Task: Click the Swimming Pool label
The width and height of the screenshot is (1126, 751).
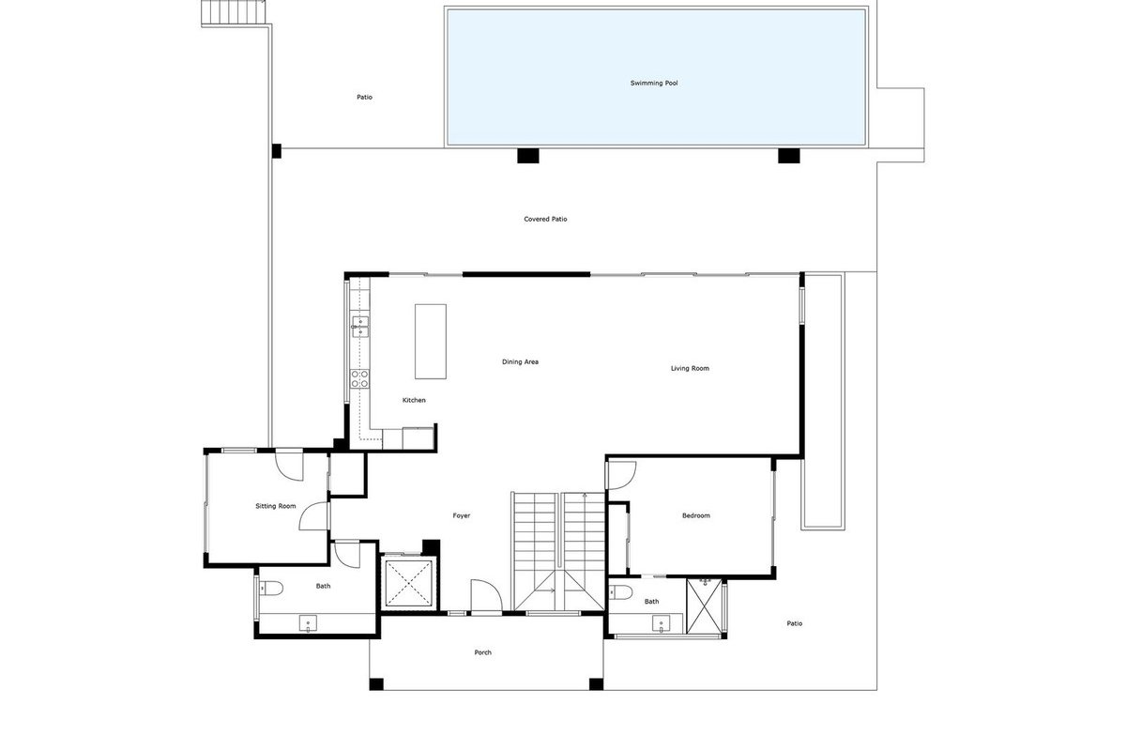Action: tap(653, 83)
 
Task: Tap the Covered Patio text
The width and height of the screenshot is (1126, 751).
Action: tap(545, 219)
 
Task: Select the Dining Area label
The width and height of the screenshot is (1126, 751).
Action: tap(520, 361)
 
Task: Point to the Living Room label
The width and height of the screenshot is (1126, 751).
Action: tap(690, 368)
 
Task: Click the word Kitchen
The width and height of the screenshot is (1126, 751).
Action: tap(414, 400)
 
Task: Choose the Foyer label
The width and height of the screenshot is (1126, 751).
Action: tap(461, 515)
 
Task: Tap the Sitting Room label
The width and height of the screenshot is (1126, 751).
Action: tap(276, 506)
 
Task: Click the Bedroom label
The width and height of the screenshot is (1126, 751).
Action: tap(695, 515)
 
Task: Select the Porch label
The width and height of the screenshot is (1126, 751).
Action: tap(482, 652)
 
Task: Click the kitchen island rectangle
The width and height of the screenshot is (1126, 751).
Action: tap(431, 342)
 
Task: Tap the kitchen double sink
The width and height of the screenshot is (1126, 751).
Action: tap(360, 327)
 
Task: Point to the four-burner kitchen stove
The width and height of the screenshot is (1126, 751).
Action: tap(359, 378)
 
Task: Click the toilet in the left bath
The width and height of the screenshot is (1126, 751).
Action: tap(270, 588)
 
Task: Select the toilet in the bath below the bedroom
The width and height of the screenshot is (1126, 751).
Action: tap(620, 592)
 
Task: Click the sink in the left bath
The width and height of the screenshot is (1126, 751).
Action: tap(308, 623)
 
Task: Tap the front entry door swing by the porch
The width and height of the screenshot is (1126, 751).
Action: tap(486, 596)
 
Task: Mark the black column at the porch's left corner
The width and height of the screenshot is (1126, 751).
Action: tap(376, 684)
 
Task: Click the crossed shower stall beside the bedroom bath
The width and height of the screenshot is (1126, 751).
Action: tap(704, 606)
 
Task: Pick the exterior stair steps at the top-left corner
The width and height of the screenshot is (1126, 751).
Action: tap(234, 12)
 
